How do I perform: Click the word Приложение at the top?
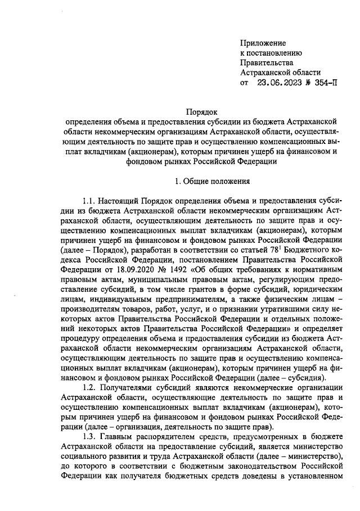[263, 43]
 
